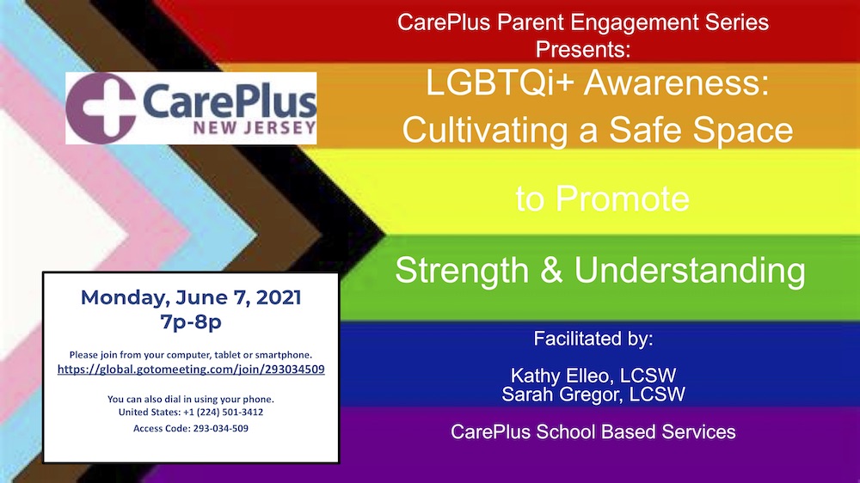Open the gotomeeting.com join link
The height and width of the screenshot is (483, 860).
click(x=191, y=370)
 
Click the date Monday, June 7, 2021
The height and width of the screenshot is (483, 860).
click(x=191, y=297)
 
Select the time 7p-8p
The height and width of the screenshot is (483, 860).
click(x=191, y=321)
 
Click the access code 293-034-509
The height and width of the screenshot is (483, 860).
click(x=220, y=428)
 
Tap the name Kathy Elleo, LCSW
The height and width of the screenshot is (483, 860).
click(x=593, y=376)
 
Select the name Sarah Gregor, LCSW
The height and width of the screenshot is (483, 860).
click(x=593, y=394)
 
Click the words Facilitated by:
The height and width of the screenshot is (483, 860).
click(x=593, y=339)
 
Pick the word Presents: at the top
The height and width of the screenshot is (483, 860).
click(x=583, y=49)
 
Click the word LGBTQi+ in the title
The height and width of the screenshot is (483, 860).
click(x=500, y=83)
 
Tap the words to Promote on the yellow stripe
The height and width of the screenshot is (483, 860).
click(x=602, y=199)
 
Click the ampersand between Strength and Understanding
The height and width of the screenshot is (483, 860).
click(x=551, y=270)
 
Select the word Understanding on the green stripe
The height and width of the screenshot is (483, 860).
click(x=690, y=271)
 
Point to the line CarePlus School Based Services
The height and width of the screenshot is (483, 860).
click(x=593, y=432)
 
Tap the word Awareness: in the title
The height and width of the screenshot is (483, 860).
click(x=676, y=83)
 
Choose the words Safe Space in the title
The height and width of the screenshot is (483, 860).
click(x=701, y=131)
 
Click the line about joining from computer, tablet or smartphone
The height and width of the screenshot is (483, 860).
click(x=191, y=355)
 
